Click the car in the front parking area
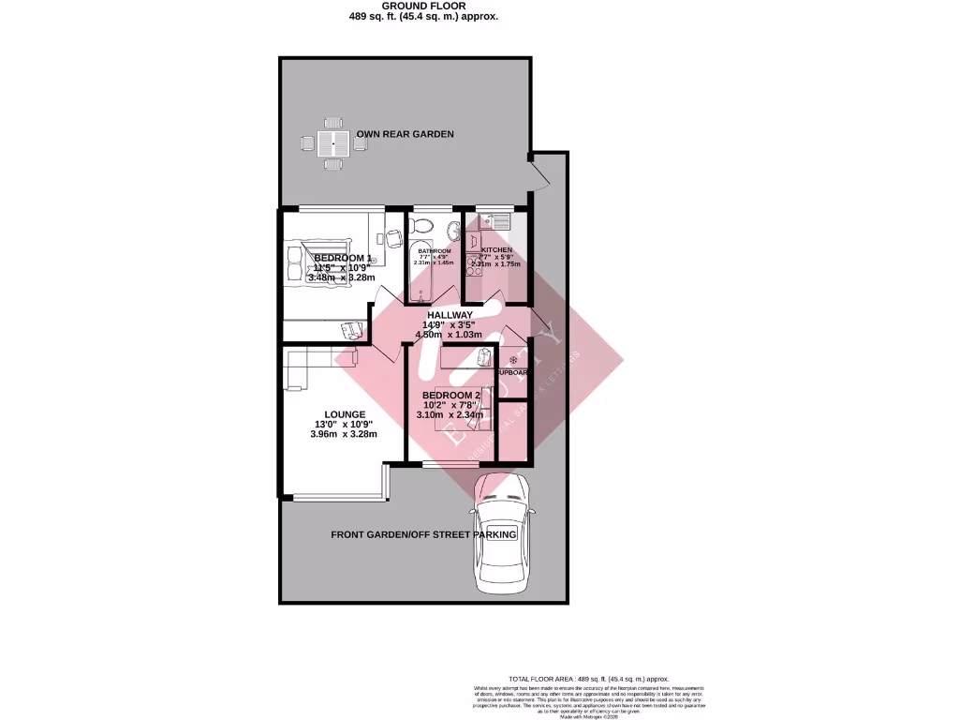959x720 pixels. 503,534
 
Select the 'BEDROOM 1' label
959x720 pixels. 343,258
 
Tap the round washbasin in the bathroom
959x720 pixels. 453,229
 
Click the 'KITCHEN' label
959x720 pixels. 496,250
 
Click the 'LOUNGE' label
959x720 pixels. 345,414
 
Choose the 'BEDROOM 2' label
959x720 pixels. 451,395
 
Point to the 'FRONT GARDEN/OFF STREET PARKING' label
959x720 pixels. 424,534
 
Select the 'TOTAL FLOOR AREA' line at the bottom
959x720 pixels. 588,678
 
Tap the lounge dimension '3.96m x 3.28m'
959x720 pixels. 345,434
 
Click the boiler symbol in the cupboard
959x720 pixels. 513,361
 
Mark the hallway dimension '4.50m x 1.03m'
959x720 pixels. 451,335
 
